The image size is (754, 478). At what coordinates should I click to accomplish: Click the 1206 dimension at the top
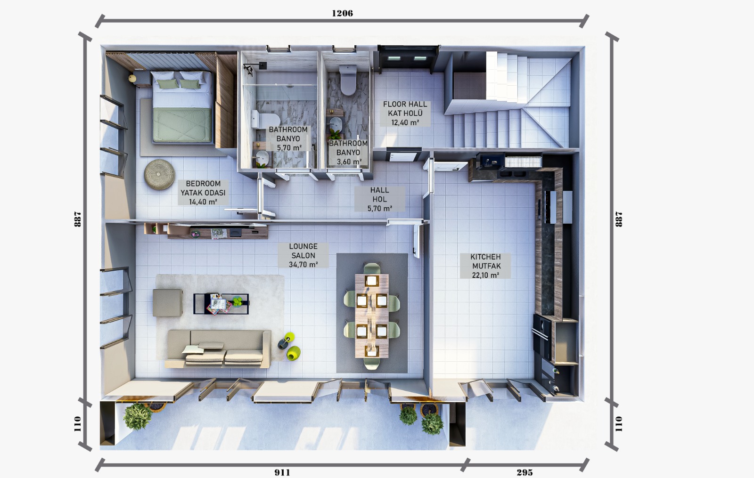pos(342,13)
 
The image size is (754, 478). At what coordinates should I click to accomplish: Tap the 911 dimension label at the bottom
pos(282,472)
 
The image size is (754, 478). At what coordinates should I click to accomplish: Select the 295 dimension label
pos(525,472)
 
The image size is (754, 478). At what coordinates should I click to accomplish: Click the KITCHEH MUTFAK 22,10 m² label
pos(485,266)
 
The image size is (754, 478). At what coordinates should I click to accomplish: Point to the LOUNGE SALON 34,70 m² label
pos(303,255)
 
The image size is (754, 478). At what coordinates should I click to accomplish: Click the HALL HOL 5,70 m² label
pos(379,199)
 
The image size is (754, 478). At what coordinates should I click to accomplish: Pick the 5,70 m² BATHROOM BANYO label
pos(288,138)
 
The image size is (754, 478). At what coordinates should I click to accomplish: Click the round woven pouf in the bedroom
pos(160,174)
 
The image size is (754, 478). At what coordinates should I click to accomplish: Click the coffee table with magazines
pos(221,303)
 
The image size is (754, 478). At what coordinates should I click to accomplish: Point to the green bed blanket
pos(182,123)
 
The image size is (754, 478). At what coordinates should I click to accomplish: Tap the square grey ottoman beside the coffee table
pos(167,302)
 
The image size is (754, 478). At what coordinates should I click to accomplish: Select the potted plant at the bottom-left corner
pos(137,416)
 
